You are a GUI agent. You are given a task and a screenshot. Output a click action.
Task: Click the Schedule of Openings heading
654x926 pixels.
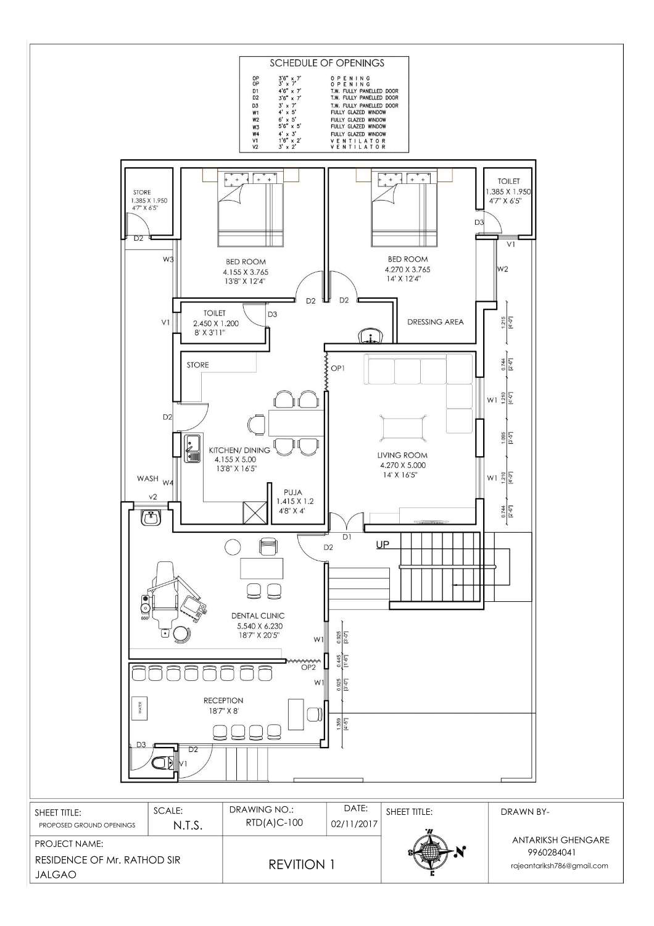pyautogui.click(x=326, y=63)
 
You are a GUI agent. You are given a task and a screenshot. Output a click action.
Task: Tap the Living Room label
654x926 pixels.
pyautogui.click(x=402, y=456)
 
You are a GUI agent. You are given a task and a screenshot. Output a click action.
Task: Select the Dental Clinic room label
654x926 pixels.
pyautogui.click(x=258, y=615)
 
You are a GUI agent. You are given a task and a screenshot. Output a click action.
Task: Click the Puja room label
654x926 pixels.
pyautogui.click(x=292, y=492)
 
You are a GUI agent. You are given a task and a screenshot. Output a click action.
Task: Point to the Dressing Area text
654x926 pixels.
pyautogui.click(x=435, y=322)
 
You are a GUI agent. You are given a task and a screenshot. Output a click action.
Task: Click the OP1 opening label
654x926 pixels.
pyautogui.click(x=337, y=368)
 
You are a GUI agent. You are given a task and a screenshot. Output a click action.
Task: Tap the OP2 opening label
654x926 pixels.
pyautogui.click(x=308, y=667)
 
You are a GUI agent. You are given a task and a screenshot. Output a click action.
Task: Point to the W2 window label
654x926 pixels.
pyautogui.click(x=502, y=269)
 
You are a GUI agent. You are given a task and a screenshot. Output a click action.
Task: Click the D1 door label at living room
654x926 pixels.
pyautogui.click(x=347, y=537)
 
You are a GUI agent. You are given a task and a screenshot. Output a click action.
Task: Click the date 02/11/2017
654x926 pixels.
pyautogui.click(x=354, y=824)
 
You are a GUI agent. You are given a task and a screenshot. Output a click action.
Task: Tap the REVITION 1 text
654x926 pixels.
pyautogui.click(x=302, y=864)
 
